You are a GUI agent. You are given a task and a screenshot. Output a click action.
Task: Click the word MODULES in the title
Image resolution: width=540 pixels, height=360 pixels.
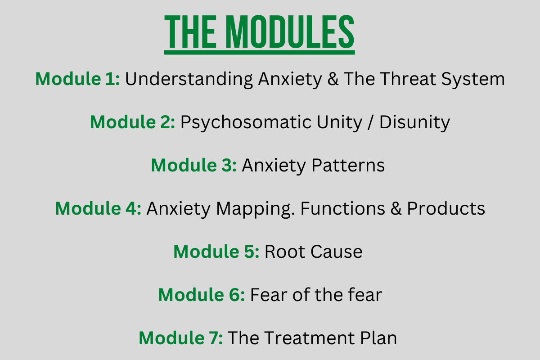(x=290, y=32)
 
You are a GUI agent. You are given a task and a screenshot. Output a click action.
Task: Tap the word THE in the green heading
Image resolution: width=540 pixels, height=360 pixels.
(x=190, y=32)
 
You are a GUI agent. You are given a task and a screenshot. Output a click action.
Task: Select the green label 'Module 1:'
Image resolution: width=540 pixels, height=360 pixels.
(x=77, y=79)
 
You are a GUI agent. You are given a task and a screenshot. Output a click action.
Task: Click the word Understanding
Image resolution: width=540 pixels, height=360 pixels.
(x=189, y=79)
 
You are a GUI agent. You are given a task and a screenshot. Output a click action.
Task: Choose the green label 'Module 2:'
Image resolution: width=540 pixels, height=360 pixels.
(x=133, y=122)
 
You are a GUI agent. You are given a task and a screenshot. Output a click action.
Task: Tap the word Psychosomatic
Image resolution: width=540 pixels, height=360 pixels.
(x=246, y=122)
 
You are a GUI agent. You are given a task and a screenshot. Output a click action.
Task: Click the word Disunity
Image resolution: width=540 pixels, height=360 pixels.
(x=414, y=122)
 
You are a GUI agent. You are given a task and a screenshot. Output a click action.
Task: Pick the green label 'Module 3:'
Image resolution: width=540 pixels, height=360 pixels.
(x=194, y=165)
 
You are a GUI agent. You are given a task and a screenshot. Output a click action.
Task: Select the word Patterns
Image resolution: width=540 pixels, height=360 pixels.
(x=348, y=165)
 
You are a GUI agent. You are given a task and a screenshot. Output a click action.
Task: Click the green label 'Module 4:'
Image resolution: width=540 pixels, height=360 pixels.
(x=98, y=208)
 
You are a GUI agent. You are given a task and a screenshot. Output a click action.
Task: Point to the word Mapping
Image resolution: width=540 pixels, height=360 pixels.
(x=255, y=209)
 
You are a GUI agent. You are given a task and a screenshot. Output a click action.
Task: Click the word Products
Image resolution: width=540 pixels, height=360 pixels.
(x=446, y=208)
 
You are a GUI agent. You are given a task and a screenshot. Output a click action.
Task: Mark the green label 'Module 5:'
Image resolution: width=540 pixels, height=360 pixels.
(x=216, y=252)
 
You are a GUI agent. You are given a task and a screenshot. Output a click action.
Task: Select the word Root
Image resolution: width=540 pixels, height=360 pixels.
(x=285, y=252)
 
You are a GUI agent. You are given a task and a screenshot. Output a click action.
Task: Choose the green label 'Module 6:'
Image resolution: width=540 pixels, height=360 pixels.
(x=201, y=295)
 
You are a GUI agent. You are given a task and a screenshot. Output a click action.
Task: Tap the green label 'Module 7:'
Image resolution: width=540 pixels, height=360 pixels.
(x=180, y=338)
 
